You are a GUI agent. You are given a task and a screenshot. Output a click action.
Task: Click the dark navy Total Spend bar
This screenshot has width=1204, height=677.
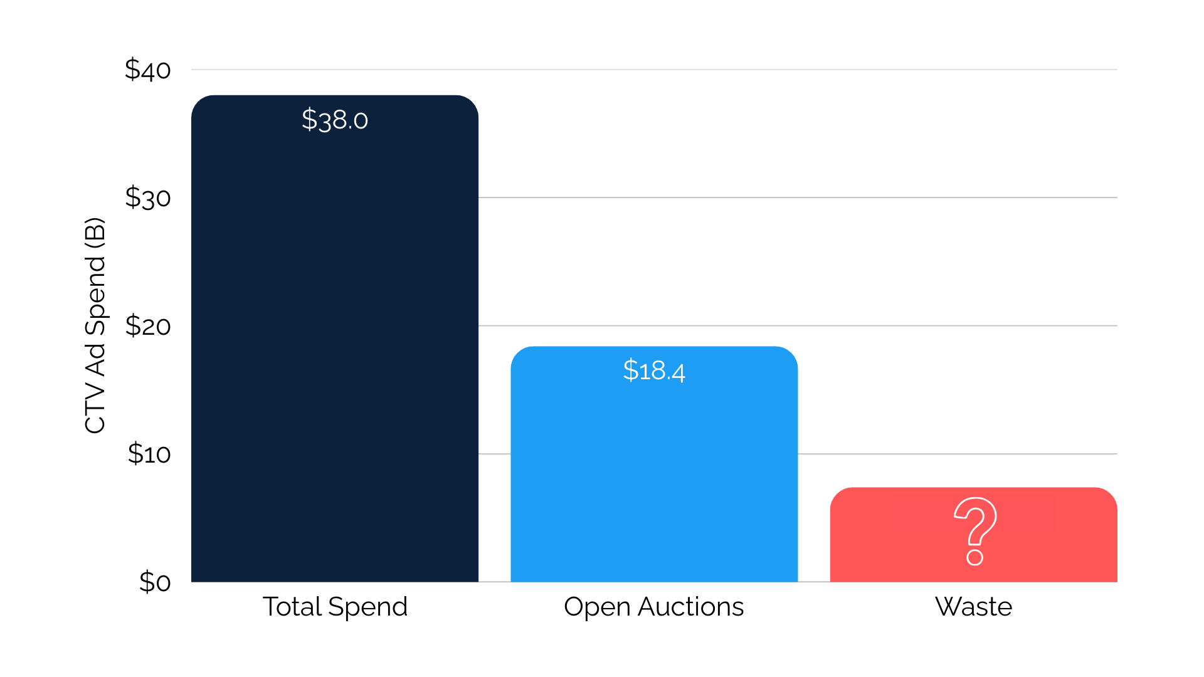pos(334,351)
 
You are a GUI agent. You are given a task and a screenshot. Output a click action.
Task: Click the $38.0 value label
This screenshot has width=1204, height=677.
pos(334,120)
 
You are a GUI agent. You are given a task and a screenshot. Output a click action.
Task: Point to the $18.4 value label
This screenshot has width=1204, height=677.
pos(653,370)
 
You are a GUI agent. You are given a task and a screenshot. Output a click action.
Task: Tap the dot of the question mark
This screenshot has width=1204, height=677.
pos(974,557)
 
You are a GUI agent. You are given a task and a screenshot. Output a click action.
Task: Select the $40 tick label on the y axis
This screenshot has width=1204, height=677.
pos(147,70)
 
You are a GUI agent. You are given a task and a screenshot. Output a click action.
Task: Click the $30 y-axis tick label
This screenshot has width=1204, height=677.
pos(147,197)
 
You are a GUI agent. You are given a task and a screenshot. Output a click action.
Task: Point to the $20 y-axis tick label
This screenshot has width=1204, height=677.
pos(147,326)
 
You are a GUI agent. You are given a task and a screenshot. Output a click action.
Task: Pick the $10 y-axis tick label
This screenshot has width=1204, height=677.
pos(149,454)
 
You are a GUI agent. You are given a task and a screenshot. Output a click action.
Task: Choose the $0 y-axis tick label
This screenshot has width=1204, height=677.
pos(154,582)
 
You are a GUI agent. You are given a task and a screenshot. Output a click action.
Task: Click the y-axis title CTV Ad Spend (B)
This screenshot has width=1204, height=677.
pos(95,325)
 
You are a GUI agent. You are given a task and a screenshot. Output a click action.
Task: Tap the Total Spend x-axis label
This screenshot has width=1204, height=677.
pos(334,607)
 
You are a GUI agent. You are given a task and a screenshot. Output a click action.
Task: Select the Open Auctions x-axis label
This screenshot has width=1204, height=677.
pos(653,607)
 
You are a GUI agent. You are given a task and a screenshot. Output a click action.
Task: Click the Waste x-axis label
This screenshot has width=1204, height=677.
pos(973,607)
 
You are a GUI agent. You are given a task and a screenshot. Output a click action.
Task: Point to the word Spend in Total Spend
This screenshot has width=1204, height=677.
pos(367,607)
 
